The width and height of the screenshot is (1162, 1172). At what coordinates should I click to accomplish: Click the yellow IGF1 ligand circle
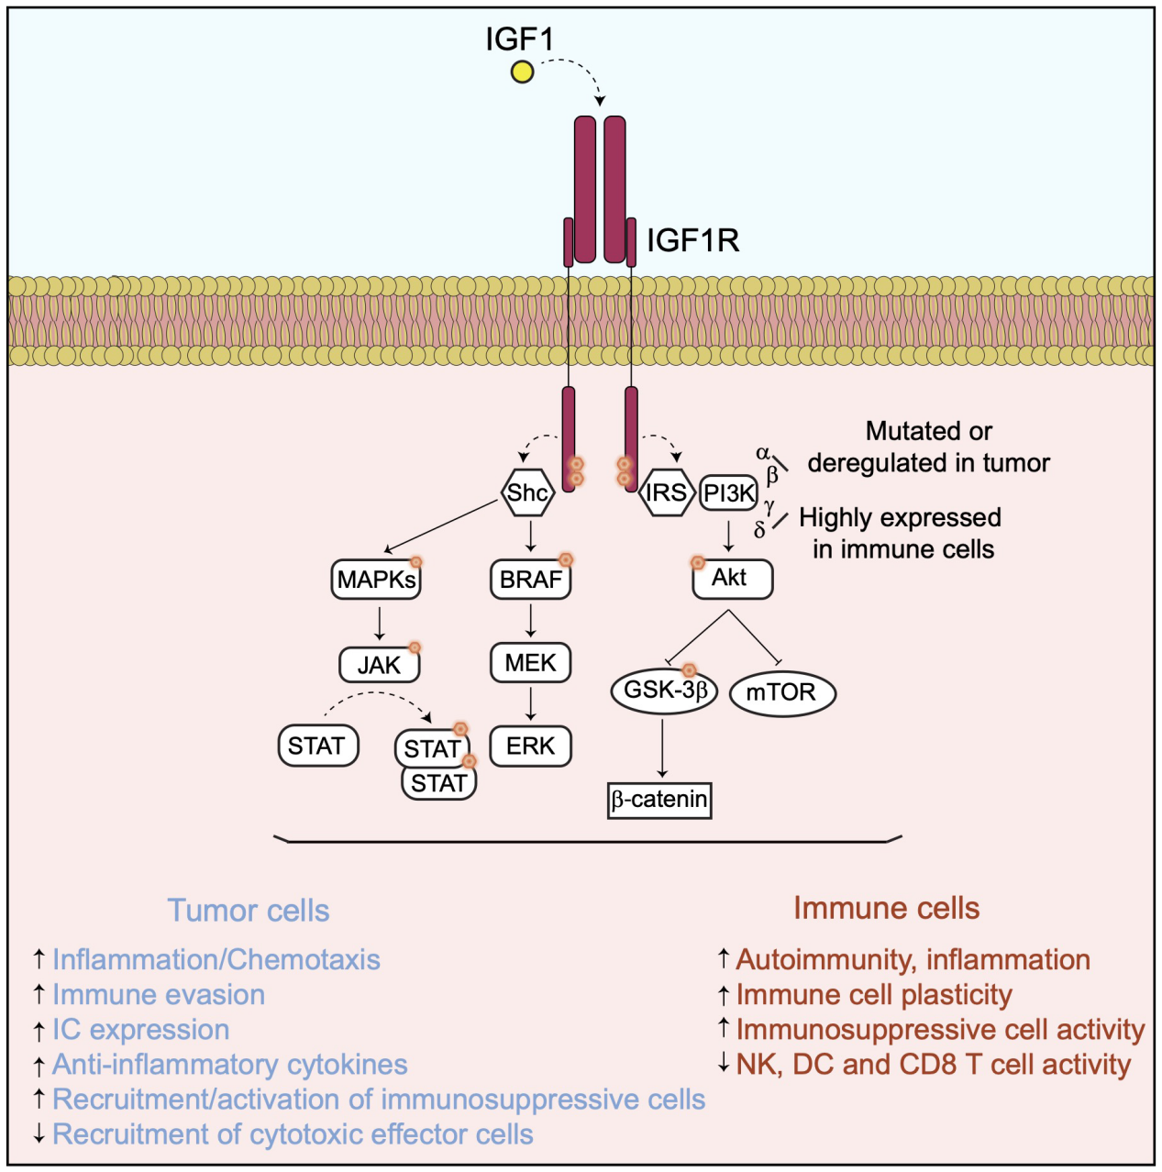522,72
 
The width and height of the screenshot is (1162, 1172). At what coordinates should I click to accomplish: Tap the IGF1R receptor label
692,240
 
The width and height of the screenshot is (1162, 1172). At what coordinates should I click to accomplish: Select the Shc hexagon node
528,493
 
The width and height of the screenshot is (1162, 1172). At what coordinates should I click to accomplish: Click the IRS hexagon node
666,493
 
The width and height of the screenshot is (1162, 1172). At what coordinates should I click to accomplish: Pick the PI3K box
729,493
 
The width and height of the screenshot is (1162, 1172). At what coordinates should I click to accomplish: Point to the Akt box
731,579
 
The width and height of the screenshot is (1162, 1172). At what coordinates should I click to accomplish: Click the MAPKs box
376,580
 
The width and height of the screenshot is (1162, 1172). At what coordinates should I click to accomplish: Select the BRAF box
530,580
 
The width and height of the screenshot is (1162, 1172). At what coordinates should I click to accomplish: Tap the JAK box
379,665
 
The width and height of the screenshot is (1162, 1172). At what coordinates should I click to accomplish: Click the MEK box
530,663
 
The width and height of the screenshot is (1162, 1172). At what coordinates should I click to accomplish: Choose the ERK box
530,746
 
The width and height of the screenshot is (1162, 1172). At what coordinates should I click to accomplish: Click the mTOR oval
781,692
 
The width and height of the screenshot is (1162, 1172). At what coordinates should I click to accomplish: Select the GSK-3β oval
664,691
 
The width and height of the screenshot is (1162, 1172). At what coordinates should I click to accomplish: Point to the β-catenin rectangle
659,800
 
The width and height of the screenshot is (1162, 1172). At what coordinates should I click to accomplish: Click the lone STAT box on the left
316,746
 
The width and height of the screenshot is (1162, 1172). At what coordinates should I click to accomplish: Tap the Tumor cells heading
248,911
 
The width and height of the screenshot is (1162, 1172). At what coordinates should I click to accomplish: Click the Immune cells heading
886,908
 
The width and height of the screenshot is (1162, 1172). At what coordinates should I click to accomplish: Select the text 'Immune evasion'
158,995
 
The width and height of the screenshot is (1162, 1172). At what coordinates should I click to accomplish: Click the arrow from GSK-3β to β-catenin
662,747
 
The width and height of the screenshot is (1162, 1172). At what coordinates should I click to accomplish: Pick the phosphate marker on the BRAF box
566,559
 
